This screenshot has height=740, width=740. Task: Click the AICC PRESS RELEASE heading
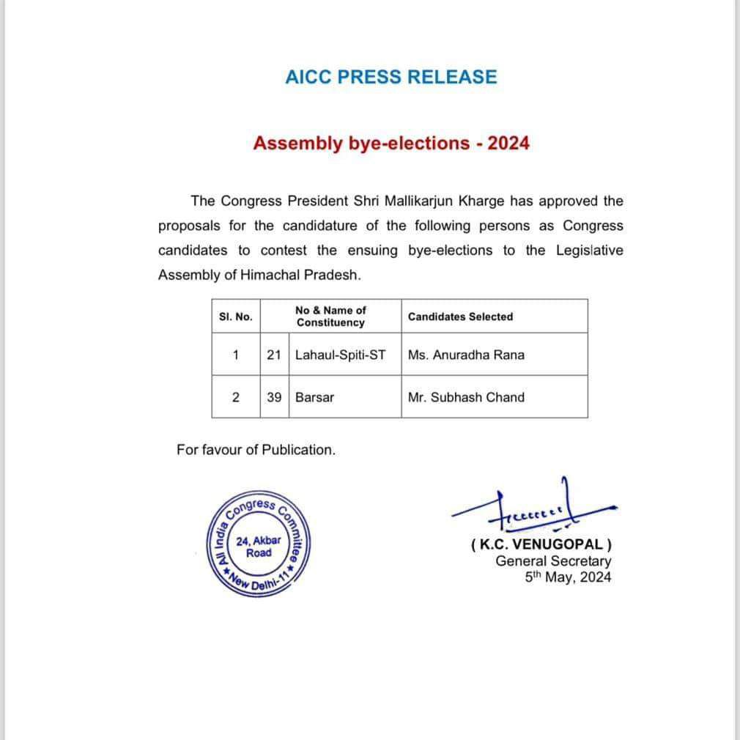tap(391, 77)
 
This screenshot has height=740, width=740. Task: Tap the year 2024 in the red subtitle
tap(508, 143)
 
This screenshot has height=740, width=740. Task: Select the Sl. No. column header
tap(235, 317)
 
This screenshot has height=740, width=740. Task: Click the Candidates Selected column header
tap(460, 317)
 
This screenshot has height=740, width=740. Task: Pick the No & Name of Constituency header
tap(330, 317)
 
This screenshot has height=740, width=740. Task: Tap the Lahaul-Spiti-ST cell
tap(340, 355)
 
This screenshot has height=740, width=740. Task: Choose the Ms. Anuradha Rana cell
tap(466, 355)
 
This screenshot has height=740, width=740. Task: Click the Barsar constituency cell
tap(314, 397)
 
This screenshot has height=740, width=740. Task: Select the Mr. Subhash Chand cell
tap(466, 397)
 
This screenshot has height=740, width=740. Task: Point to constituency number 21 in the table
tap(274, 355)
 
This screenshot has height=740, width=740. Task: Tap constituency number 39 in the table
tap(274, 397)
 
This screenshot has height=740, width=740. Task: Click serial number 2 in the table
tap(235, 397)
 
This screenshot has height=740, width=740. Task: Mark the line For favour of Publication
tap(256, 450)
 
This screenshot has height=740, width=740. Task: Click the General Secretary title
tap(553, 561)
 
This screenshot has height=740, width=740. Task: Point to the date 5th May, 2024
tap(568, 577)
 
